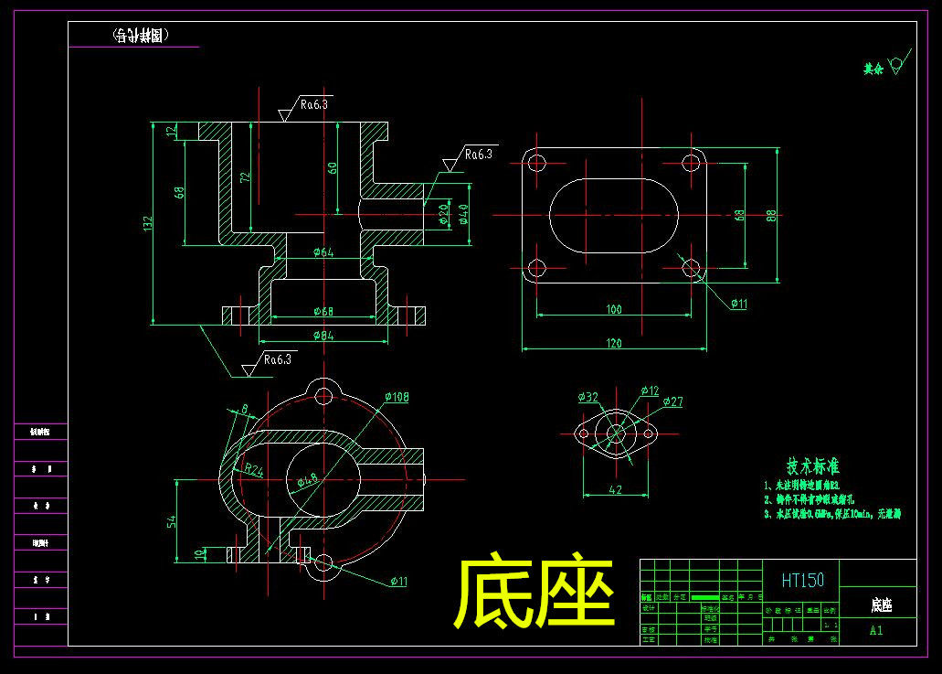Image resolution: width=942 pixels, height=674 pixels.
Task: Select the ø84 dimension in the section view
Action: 323,336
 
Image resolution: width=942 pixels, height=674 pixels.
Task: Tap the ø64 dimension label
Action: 323,252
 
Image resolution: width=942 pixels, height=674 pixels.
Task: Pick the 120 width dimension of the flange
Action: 613,343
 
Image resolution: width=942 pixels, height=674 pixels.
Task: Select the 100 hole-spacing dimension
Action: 613,309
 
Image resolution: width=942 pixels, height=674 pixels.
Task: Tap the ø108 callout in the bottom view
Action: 397,397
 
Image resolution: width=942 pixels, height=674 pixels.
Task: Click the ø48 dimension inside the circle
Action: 308,477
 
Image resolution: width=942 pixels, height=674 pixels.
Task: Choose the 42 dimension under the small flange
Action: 615,490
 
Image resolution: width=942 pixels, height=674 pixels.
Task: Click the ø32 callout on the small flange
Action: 587,397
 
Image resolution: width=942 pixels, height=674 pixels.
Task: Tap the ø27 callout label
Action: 672,401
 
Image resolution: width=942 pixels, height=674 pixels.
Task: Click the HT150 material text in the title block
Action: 802,580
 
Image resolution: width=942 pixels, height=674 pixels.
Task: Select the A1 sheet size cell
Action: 875,630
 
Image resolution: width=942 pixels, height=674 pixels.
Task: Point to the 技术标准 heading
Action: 813,466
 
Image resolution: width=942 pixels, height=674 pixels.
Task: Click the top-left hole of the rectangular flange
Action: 536,163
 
